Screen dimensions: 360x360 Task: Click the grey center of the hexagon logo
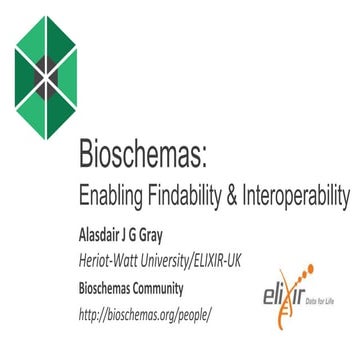49,73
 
